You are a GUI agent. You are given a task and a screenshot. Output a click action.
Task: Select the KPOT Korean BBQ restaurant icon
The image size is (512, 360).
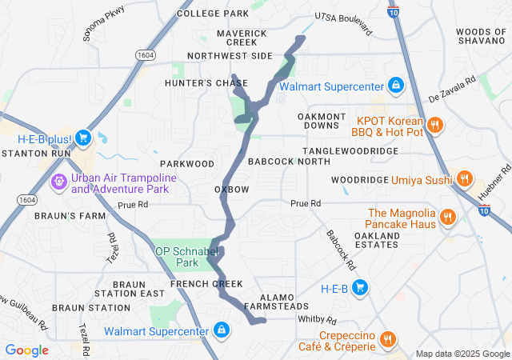[x=435, y=126]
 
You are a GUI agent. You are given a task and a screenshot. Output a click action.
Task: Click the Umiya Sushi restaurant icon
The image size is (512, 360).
[x=463, y=180]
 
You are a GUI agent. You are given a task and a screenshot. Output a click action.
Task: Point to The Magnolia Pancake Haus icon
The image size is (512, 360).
[x=448, y=218]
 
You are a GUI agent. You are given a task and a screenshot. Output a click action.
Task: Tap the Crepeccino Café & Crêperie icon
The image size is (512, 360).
[x=388, y=340]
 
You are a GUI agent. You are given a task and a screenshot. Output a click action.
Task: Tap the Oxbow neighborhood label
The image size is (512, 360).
[x=232, y=189]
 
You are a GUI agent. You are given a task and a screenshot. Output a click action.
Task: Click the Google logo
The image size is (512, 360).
[x=26, y=350]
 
